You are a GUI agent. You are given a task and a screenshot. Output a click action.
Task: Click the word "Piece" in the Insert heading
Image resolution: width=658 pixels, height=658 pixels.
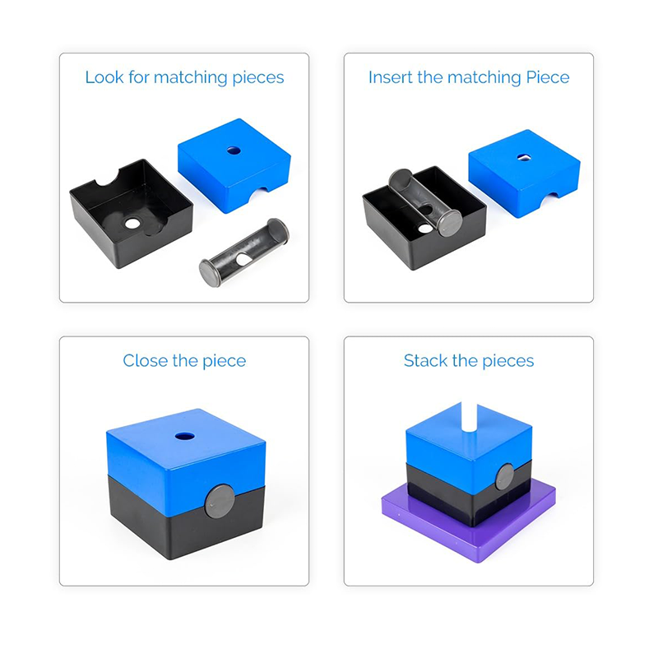547,78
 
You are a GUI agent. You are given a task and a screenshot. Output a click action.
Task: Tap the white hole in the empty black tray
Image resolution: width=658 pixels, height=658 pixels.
132,223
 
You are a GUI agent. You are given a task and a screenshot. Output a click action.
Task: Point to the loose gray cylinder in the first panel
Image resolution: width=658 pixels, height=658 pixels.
244,253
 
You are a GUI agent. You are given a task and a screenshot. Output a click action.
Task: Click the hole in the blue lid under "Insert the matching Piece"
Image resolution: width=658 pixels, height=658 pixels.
523,157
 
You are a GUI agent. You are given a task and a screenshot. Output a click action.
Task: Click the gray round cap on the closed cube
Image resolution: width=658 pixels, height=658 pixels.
219,501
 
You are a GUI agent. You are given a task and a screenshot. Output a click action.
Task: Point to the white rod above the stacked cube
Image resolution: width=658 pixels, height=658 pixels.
469,416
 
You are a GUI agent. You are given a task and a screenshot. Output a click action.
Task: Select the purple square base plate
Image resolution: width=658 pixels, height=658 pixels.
469,525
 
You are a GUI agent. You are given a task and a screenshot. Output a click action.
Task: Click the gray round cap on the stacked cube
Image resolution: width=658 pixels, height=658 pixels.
505,477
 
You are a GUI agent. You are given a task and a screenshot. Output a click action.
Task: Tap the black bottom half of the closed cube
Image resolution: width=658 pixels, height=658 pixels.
184,521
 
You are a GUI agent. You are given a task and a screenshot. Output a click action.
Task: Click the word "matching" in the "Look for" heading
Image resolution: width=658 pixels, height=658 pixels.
191,78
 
